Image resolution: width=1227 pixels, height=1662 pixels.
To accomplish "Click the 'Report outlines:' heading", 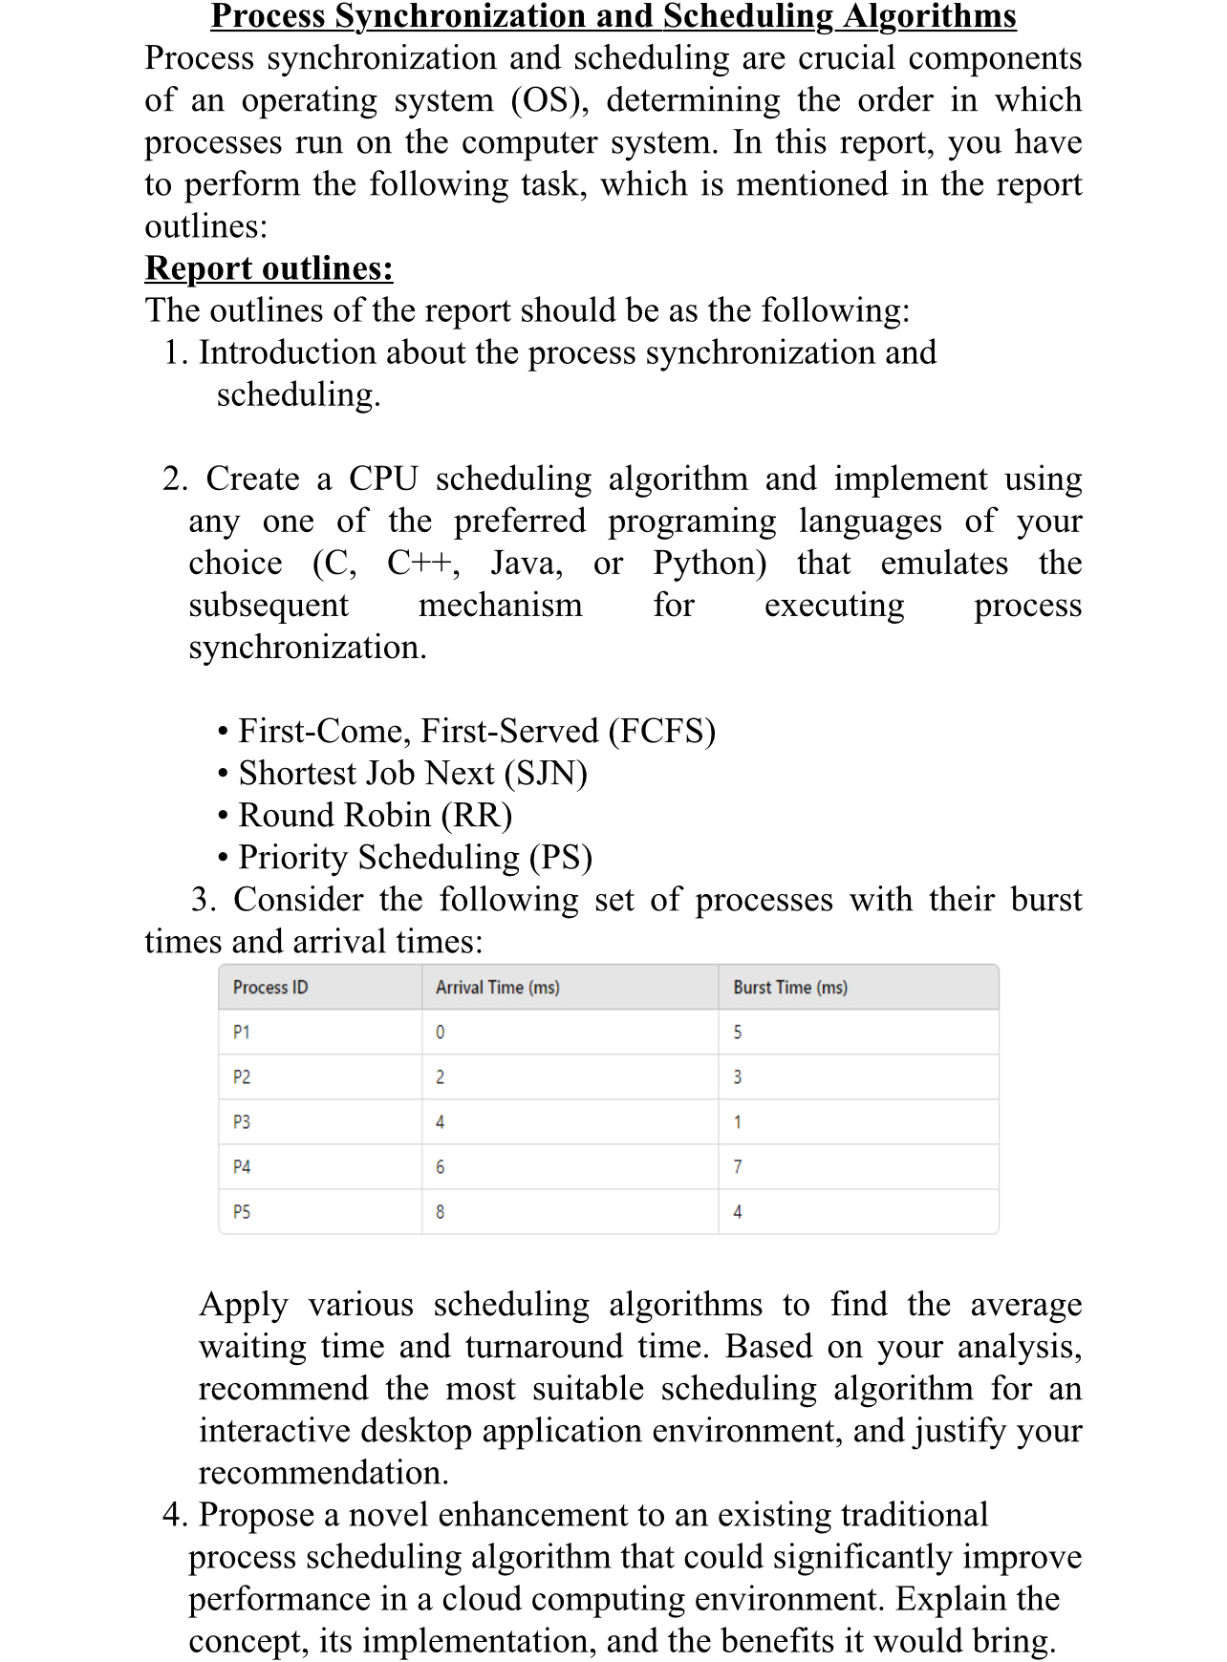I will [269, 268].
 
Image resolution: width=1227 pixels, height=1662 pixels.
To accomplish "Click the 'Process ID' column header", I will [270, 988].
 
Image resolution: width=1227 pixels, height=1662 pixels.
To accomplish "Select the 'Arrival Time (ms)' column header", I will [497, 988].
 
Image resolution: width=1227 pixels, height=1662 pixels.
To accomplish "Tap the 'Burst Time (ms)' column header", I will [789, 988].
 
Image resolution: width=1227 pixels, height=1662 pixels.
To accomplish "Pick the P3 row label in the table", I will [242, 1122].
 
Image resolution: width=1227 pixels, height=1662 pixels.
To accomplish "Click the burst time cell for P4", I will [737, 1167].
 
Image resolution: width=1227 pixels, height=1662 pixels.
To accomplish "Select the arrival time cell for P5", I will [440, 1212].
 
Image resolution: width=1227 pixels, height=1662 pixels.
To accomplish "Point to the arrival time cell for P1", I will [440, 1033].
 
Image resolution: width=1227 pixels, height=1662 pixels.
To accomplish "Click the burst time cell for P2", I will [737, 1077].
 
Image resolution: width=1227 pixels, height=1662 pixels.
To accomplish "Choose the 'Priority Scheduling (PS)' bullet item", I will [415, 858].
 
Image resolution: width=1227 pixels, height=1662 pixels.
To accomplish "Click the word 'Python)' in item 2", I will [709, 564].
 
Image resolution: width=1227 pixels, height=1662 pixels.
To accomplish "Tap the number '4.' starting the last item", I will [176, 1516].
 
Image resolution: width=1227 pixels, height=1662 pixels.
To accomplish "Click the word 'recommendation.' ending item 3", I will [323, 1474].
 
